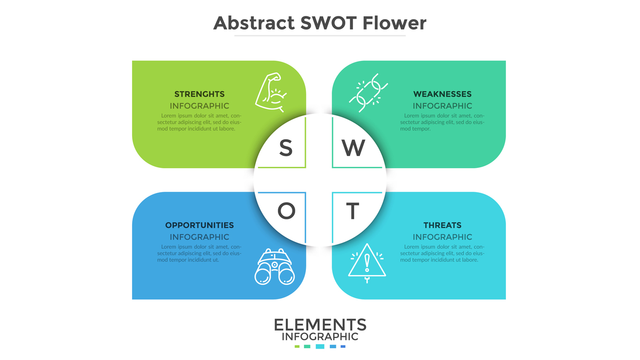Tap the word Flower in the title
[394, 23]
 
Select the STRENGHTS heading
[200, 94]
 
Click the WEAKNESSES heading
[442, 94]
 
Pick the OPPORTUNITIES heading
[200, 225]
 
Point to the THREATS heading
[442, 225]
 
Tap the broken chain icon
[368, 93]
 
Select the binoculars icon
[275, 267]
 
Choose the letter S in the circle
[286, 148]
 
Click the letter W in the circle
[353, 148]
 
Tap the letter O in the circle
[286, 211]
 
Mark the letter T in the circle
[353, 211]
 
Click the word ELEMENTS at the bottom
[320, 325]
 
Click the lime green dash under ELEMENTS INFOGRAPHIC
[297, 346]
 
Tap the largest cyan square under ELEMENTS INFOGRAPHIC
[320, 346]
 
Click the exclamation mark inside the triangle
[367, 263]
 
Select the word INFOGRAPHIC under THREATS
[442, 237]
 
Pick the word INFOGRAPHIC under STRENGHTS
[200, 106]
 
